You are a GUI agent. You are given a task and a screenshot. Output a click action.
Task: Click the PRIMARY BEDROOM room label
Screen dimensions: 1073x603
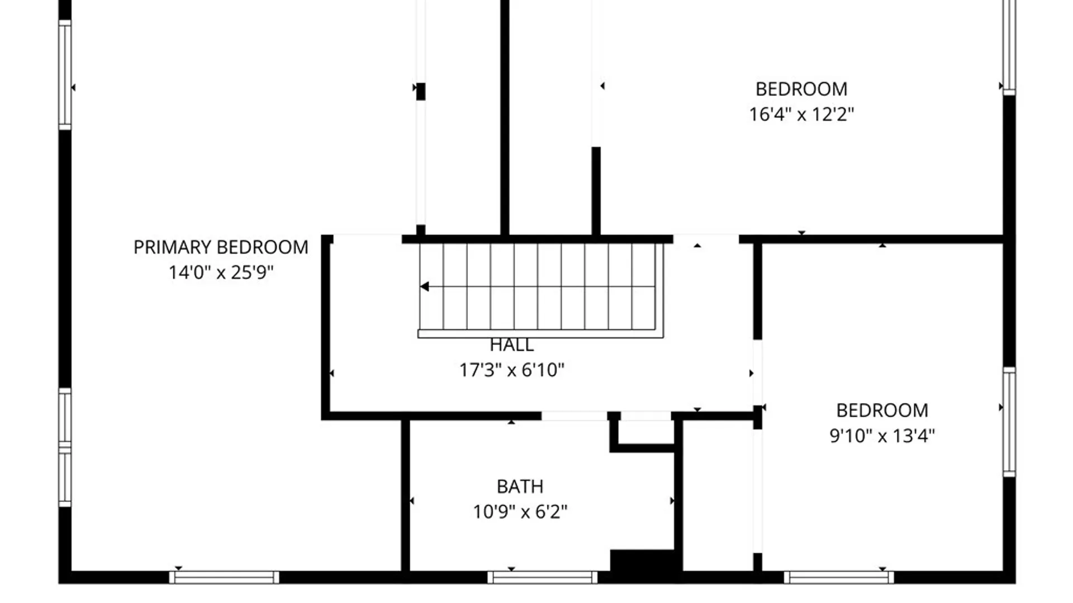[x=221, y=247]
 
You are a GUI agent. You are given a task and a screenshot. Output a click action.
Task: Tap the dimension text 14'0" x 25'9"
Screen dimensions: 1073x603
[x=221, y=272]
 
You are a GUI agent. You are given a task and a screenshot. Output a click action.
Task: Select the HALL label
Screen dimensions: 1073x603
[x=512, y=345]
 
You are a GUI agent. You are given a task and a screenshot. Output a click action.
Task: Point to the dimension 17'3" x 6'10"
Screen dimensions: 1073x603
[x=512, y=370]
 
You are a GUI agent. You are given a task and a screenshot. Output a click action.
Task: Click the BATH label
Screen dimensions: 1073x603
[x=520, y=486]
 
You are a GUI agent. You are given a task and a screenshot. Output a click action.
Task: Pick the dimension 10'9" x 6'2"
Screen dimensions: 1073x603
[x=520, y=511]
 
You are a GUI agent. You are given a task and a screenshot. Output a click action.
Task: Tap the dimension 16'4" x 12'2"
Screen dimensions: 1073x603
[x=801, y=114]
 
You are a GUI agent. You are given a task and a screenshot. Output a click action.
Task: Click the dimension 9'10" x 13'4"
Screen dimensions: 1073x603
[x=882, y=435]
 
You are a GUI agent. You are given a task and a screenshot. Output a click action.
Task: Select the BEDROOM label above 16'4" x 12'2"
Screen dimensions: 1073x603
[x=801, y=89]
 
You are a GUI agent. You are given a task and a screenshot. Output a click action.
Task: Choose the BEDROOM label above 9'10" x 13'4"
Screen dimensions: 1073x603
[x=882, y=410]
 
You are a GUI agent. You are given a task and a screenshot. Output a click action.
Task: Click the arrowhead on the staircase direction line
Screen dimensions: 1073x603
[x=424, y=286]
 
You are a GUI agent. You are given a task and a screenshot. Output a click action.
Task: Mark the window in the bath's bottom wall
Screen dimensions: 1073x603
[x=543, y=577]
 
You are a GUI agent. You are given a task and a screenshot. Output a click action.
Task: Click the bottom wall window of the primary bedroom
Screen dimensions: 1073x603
[x=224, y=577]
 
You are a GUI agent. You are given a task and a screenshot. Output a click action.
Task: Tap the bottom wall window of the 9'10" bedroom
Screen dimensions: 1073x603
[x=839, y=577]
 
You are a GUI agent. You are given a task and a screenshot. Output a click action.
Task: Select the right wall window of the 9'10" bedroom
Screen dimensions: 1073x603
[x=1009, y=422]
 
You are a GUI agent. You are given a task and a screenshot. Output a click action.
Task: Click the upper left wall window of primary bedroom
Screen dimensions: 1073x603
[x=65, y=75]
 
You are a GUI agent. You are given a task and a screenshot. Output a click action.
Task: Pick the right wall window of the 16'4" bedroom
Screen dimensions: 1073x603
[x=1009, y=46]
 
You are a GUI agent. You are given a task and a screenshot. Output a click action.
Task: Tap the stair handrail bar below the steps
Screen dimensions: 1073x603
[x=540, y=334]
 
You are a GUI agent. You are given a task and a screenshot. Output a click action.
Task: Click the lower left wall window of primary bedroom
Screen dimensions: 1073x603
[x=65, y=448]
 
